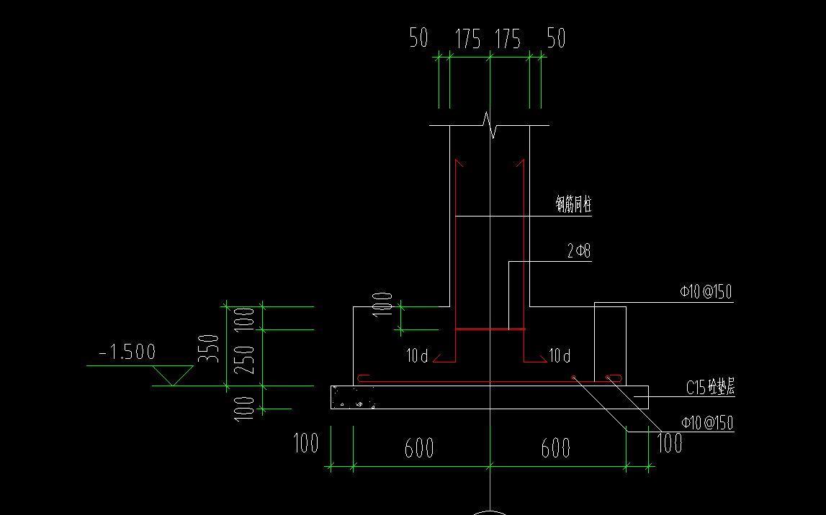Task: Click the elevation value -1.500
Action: pos(127,352)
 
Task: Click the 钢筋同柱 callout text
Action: pos(573,205)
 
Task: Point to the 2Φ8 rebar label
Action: pos(579,252)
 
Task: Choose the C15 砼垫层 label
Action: pos(709,388)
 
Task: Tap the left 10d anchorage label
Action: pos(417,355)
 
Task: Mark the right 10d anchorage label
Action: pos(560,355)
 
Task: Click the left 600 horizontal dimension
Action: pos(418,448)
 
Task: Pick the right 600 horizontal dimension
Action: pos(555,448)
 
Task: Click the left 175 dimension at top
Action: pos(468,40)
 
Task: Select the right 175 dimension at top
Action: pos(508,40)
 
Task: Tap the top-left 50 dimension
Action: pos(419,38)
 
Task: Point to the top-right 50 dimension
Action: pos(556,38)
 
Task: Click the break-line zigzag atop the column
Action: pos(490,125)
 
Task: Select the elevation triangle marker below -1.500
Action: pos(173,376)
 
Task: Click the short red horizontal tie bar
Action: pos(490,330)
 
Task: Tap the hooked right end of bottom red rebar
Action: pos(615,378)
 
